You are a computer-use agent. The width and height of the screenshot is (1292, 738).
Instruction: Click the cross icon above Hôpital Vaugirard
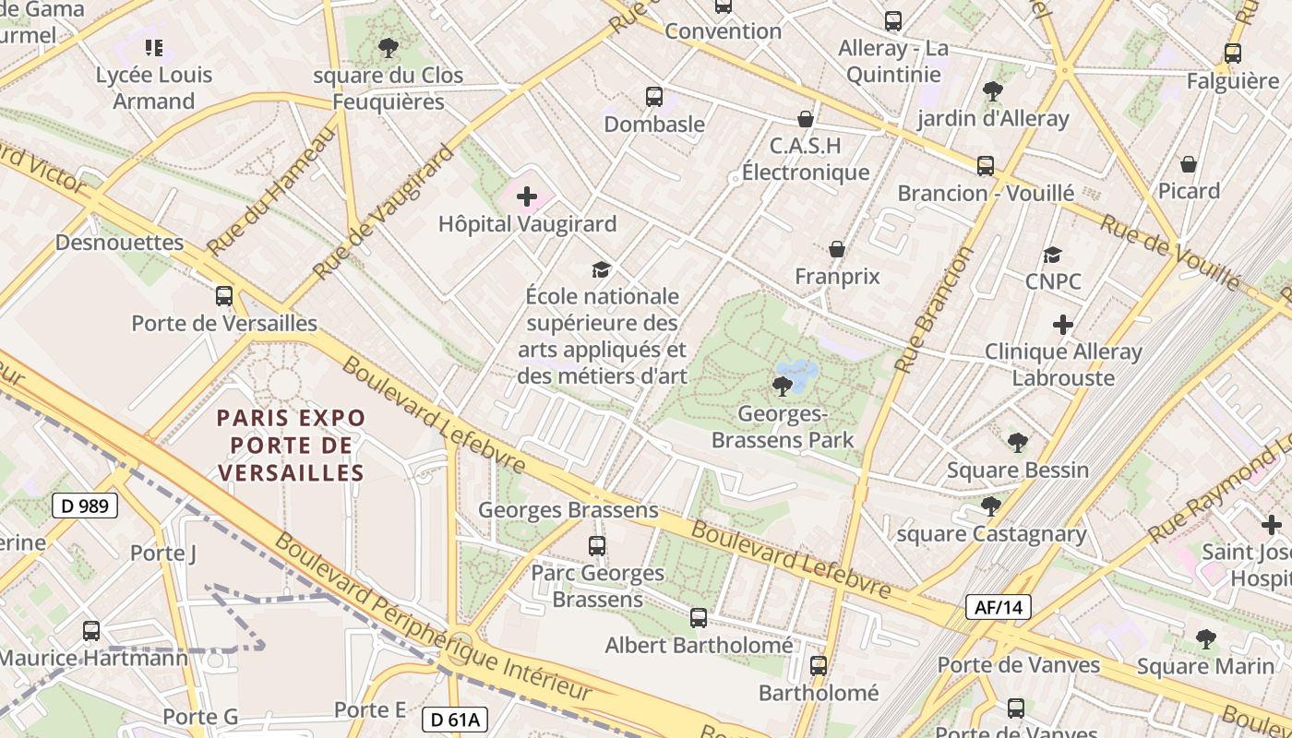pyautogui.click(x=527, y=196)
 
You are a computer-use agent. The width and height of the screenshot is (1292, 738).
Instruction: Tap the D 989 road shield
pyautogui.click(x=85, y=506)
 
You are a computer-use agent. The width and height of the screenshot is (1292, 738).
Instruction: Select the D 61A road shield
pyautogui.click(x=455, y=720)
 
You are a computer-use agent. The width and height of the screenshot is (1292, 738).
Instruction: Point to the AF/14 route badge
pyautogui.click(x=999, y=607)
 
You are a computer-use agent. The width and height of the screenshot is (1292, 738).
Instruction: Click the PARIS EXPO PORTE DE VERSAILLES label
pyautogui.click(x=292, y=446)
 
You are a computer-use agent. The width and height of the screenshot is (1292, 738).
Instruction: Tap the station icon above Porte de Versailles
pyautogui.click(x=224, y=296)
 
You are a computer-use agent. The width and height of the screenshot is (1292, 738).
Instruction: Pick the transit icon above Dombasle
pyautogui.click(x=654, y=97)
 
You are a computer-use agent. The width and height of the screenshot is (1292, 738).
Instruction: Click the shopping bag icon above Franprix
pyautogui.click(x=837, y=249)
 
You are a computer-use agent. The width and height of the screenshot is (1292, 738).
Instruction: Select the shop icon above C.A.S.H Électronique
pyautogui.click(x=806, y=119)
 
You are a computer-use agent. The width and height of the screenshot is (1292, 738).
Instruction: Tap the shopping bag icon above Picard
pyautogui.click(x=1189, y=164)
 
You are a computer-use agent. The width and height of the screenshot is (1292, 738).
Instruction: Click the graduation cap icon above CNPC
pyautogui.click(x=1053, y=255)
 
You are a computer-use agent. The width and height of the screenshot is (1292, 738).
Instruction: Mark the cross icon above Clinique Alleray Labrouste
pyautogui.click(x=1063, y=325)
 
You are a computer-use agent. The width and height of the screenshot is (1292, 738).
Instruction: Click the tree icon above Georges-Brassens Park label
pyautogui.click(x=782, y=386)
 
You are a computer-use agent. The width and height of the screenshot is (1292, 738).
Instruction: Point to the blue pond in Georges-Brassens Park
pyautogui.click(x=799, y=373)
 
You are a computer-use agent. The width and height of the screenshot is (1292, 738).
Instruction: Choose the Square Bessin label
pyautogui.click(x=1018, y=470)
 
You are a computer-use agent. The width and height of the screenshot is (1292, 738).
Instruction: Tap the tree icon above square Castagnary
pyautogui.click(x=991, y=506)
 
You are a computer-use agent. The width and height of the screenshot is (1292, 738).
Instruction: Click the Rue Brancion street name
pyautogui.click(x=934, y=309)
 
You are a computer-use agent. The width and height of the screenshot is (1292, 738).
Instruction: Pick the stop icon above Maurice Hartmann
pyautogui.click(x=91, y=631)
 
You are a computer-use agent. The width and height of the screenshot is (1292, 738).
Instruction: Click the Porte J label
pyautogui.click(x=163, y=553)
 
